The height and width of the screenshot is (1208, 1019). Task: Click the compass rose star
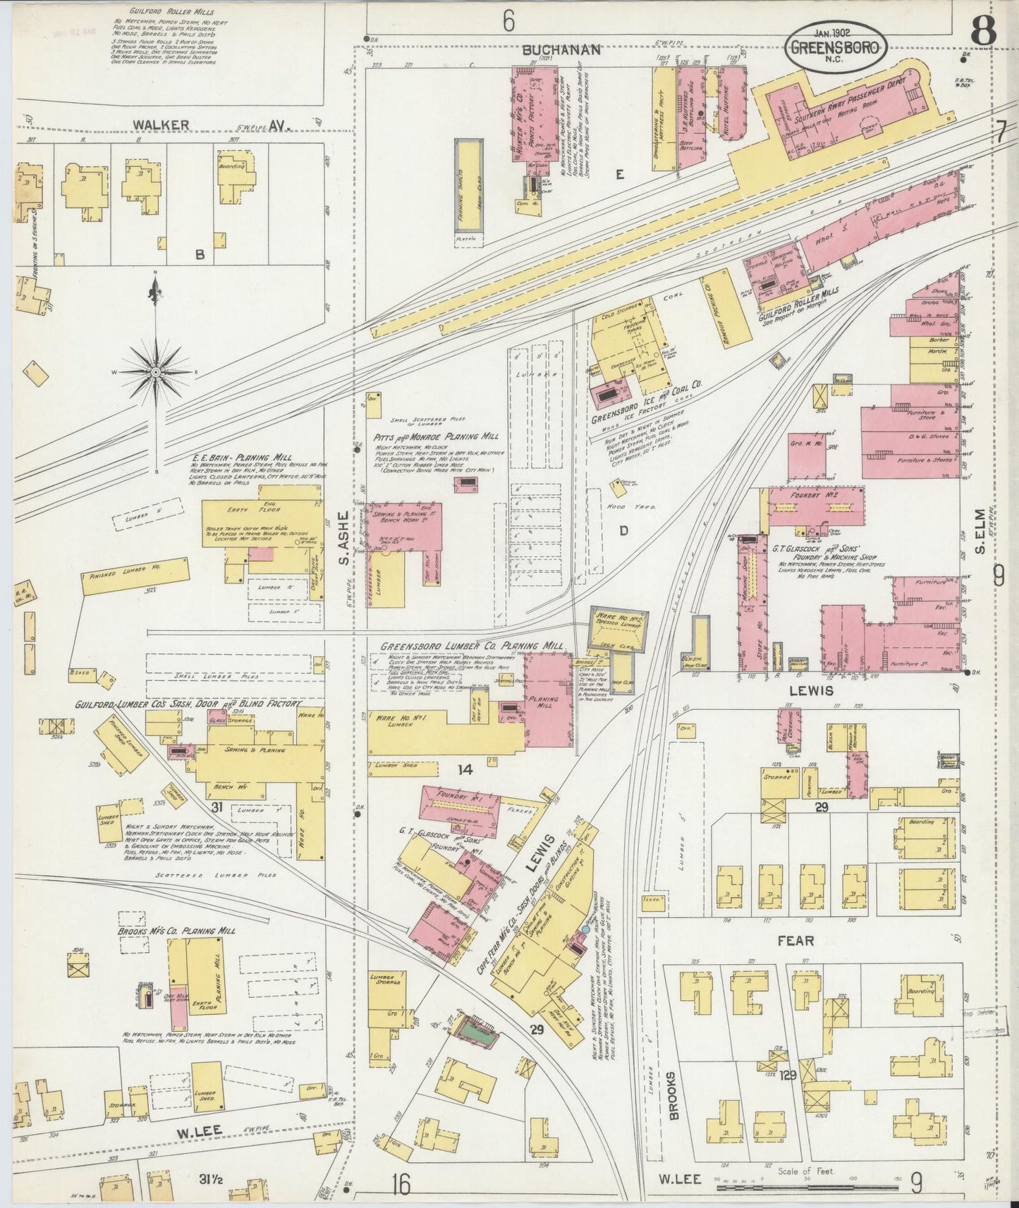click(x=155, y=371)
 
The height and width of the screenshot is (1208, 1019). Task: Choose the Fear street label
click(x=796, y=940)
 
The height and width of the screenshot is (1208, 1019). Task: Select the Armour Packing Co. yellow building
click(x=718, y=299)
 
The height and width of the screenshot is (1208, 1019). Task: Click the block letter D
click(x=623, y=530)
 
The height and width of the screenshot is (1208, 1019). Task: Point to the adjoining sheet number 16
click(x=401, y=1185)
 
